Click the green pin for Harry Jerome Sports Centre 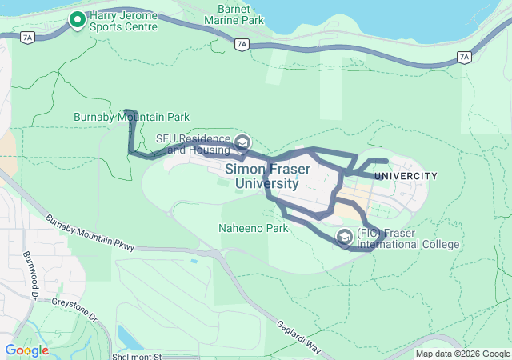(78, 20)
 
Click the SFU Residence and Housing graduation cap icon (241, 143)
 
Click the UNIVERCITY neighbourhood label (406, 176)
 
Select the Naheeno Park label (253, 228)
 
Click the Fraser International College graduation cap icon (345, 238)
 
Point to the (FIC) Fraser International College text (407, 238)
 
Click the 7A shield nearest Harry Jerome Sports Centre (28, 37)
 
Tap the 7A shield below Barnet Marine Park (241, 45)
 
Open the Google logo (26, 350)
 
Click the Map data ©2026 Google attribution (462, 354)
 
